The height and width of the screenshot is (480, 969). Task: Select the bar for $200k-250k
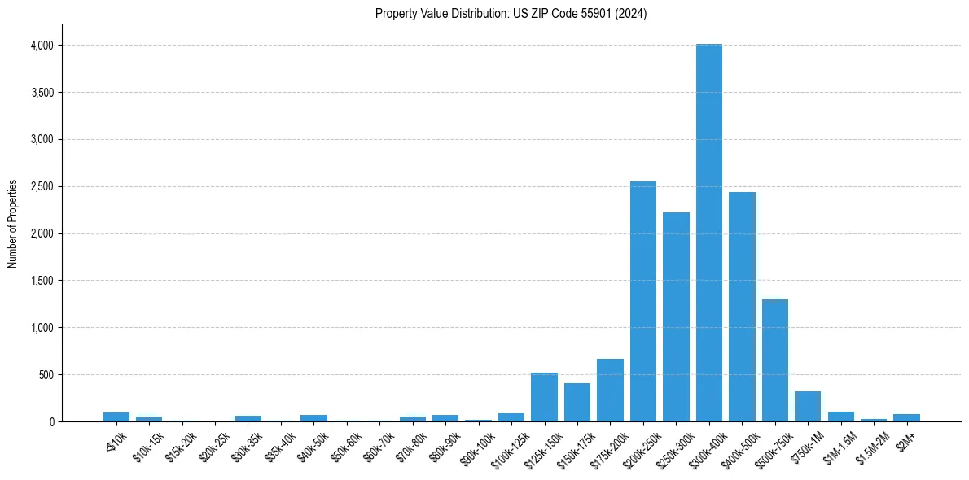(x=643, y=302)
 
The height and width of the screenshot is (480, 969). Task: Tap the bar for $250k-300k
(x=676, y=317)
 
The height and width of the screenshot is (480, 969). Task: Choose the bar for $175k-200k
(x=610, y=391)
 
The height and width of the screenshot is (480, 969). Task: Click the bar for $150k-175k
(x=577, y=403)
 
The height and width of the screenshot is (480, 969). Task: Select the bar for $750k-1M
(x=808, y=407)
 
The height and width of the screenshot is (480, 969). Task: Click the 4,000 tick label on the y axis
(x=42, y=46)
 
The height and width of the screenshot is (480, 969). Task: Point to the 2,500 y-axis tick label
(x=42, y=187)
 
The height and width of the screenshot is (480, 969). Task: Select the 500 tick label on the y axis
(x=46, y=375)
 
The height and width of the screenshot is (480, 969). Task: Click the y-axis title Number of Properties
(x=13, y=224)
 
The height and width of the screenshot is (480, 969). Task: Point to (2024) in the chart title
(x=632, y=14)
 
